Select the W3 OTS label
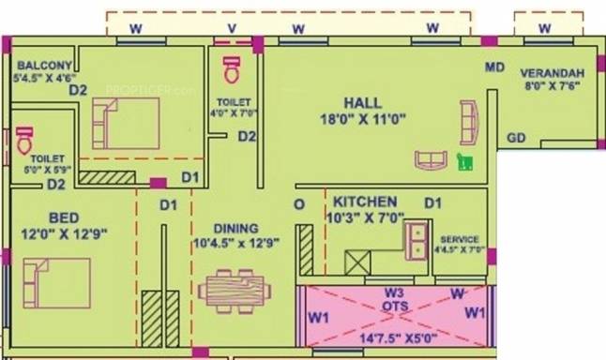[394, 298]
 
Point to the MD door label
[495, 67]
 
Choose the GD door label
[515, 138]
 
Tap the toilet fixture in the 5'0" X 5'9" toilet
[24, 141]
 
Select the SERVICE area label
[459, 239]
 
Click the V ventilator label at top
[232, 28]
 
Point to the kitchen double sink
[416, 241]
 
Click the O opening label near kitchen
[299, 204]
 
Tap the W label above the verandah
[544, 28]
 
